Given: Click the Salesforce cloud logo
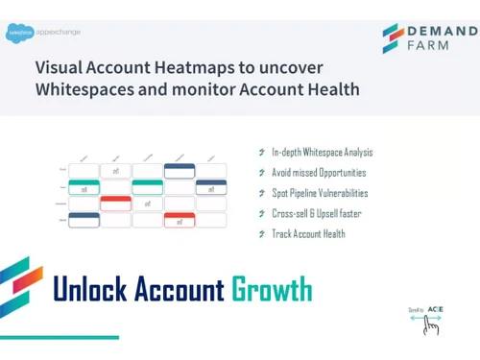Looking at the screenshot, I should pos(15,31).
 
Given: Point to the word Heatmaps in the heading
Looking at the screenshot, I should pos(208,68).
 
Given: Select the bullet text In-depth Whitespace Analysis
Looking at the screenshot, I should pos(322,152).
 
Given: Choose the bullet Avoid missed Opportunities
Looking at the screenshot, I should pos(318,173).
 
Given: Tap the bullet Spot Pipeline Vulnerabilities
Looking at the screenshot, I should pos(319,193).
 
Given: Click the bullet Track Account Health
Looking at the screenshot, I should pos(307,234).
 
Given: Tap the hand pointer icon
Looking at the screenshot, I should pos(431,326).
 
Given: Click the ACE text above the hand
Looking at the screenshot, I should pos(435,309).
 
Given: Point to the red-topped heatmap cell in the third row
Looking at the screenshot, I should pos(116,204).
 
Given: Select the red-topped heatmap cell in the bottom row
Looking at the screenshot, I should pos(179,220).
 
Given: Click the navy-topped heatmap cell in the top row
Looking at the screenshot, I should pos(179,171).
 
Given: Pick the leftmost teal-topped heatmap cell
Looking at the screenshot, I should pos(84,187).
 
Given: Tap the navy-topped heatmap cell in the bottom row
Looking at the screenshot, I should pos(84,220).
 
